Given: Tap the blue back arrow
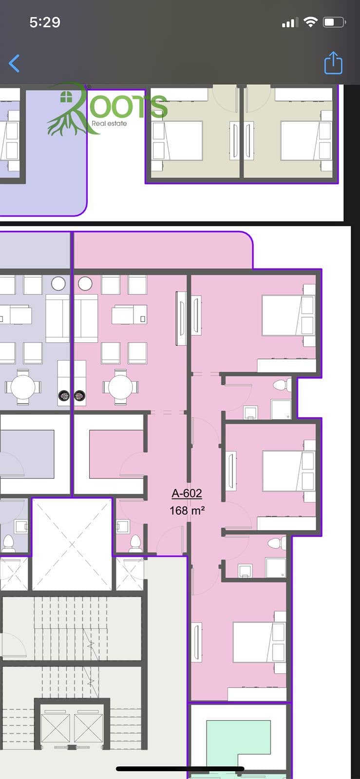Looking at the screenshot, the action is [x=14, y=63].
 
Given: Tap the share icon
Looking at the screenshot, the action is [x=333, y=63].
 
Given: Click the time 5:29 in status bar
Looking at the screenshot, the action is [x=45, y=22].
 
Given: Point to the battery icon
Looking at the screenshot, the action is [x=334, y=22].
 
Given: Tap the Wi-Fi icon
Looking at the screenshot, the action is [x=310, y=22].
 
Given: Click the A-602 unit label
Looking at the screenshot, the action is [x=187, y=493].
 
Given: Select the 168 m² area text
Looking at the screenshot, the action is [x=187, y=510].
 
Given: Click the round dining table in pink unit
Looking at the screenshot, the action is [x=120, y=387].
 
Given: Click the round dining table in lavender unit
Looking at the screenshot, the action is [x=23, y=387].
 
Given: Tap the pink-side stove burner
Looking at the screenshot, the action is [x=79, y=395].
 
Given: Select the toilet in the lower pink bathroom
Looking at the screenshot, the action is [x=277, y=543].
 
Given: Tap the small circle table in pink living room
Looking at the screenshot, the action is [x=85, y=284].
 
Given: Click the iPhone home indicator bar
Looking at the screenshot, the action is [x=180, y=768].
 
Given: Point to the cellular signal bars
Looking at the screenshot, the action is [x=290, y=22].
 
